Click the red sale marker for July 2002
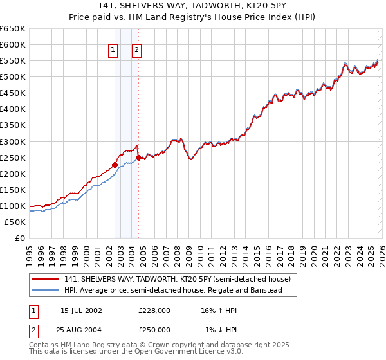pyautogui.click(x=115, y=165)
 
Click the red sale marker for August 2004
pyautogui.click(x=138, y=157)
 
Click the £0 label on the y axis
pyautogui.click(x=21, y=239)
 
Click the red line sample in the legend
pyautogui.click(x=46, y=280)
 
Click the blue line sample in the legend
pyautogui.click(x=46, y=291)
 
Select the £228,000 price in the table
pyautogui.click(x=154, y=310)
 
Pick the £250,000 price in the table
pyautogui.click(x=154, y=330)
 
